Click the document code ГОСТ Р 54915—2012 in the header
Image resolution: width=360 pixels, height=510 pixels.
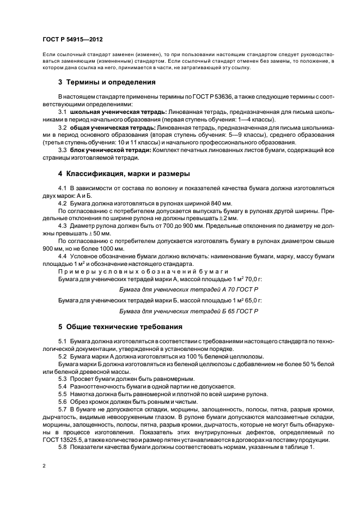[x=72, y=40]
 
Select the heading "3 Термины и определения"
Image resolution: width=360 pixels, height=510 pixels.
[x=107, y=83]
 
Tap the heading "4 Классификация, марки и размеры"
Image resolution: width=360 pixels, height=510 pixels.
[x=124, y=174]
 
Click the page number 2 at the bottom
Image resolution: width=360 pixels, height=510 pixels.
[x=44, y=466]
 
